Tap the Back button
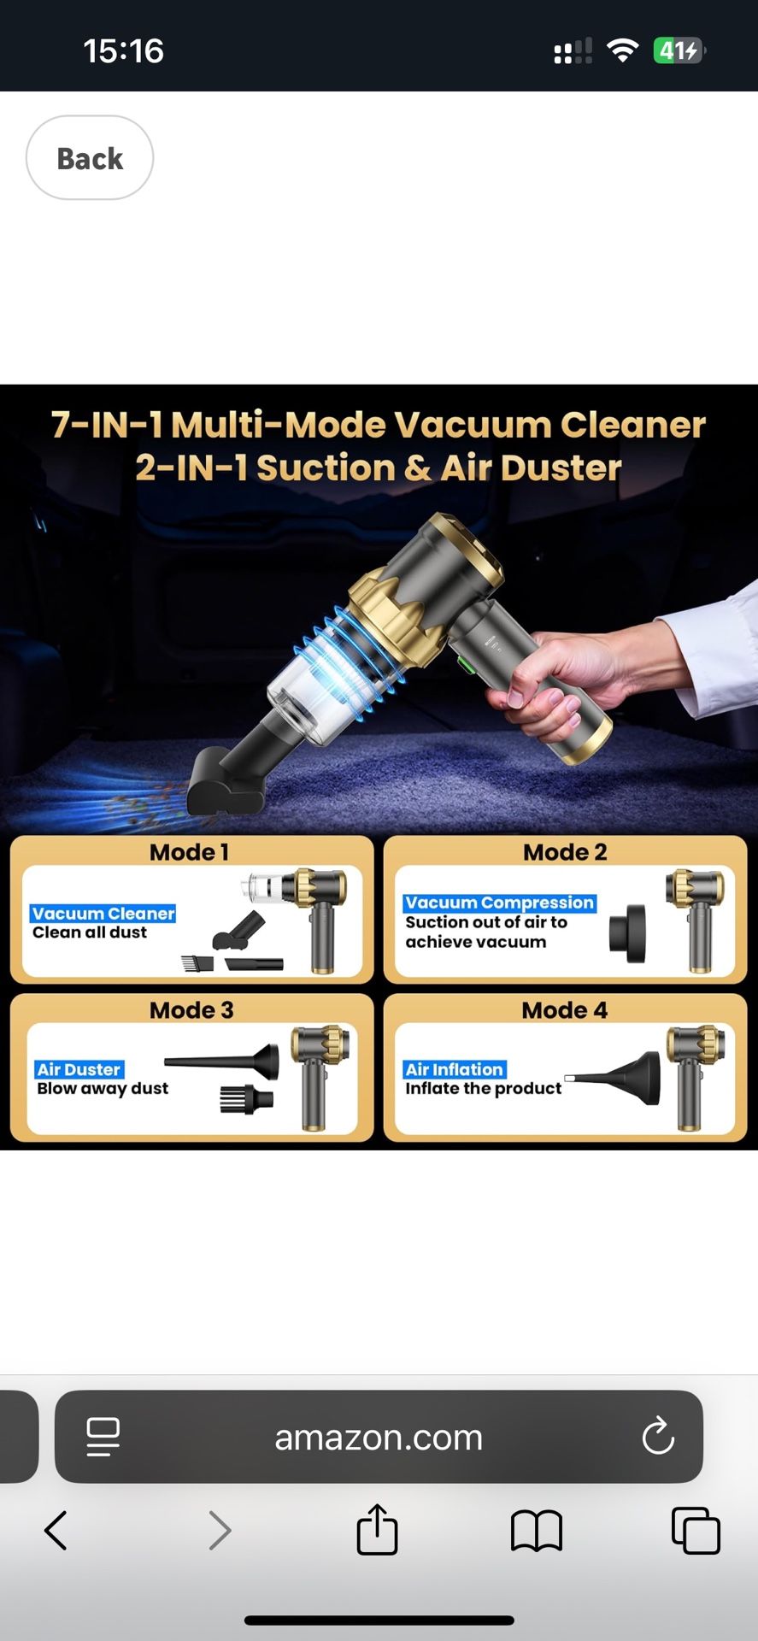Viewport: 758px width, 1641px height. [90, 158]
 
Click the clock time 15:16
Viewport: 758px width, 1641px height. [123, 51]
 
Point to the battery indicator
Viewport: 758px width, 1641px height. [679, 51]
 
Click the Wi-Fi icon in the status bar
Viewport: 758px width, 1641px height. [623, 51]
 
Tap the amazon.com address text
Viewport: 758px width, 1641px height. [379, 1438]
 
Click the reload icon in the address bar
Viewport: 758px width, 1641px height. [658, 1437]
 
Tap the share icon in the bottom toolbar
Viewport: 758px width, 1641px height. [377, 1529]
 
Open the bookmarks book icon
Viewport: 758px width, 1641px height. [536, 1530]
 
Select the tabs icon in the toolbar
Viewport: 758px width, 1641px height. [696, 1530]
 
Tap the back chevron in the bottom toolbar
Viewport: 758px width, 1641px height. [56, 1530]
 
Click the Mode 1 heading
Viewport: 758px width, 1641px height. [189, 852]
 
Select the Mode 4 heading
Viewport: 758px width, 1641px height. [565, 1010]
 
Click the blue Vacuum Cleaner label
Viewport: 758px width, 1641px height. [103, 914]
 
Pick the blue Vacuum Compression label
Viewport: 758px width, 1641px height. [499, 903]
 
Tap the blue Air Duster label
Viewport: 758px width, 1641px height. [79, 1069]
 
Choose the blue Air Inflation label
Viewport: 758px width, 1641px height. [454, 1069]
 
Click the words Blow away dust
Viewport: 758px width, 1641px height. [103, 1089]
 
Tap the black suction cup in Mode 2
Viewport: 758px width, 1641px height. [628, 932]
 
